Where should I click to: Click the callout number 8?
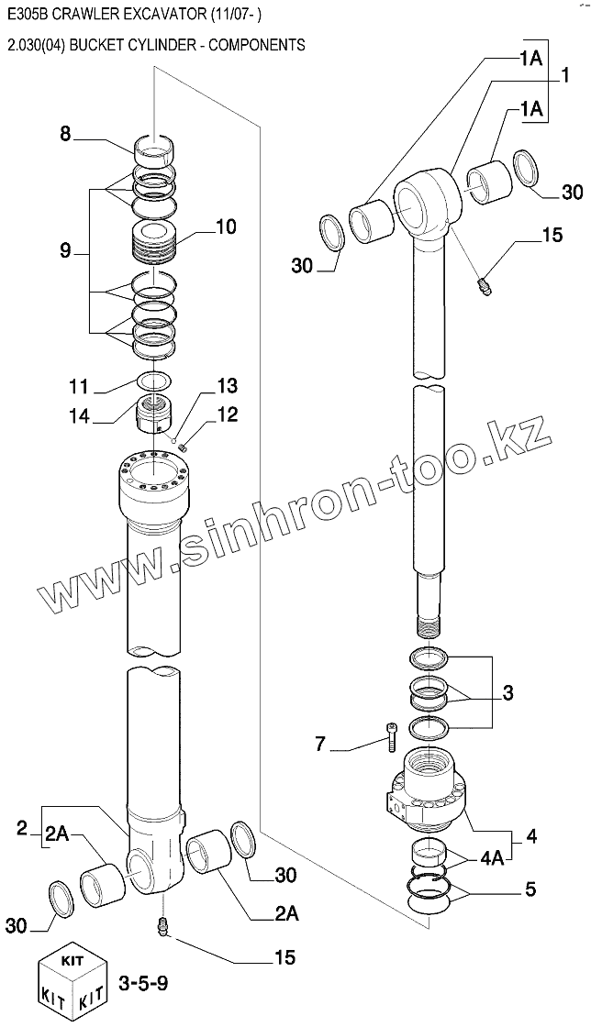65,134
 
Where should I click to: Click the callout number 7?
320,743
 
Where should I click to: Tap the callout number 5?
530,889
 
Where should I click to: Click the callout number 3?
507,692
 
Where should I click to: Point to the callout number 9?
65,250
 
